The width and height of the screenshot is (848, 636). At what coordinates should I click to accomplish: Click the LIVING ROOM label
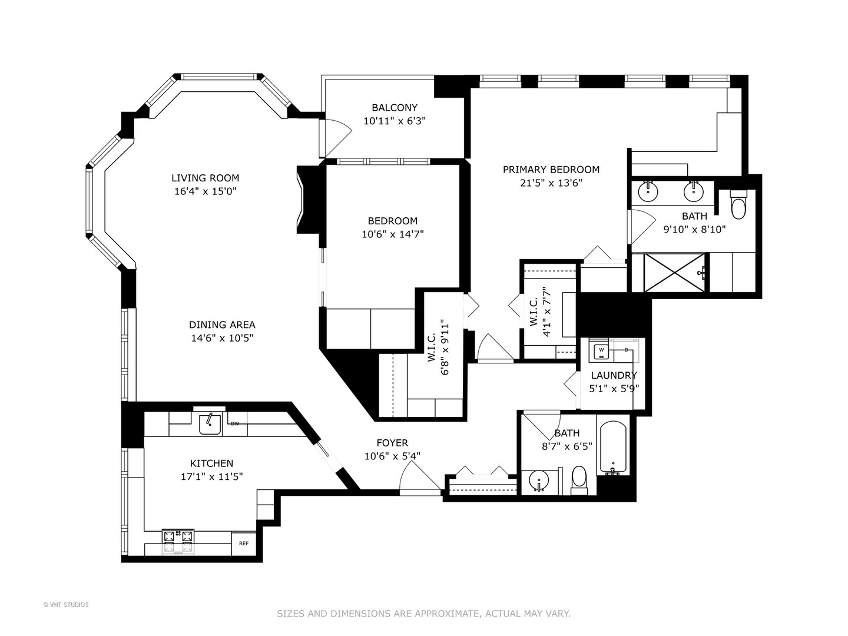[x=205, y=178]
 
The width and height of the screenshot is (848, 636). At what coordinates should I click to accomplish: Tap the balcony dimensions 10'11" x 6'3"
[x=394, y=121]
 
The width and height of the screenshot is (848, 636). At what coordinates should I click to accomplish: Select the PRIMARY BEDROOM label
[x=551, y=170]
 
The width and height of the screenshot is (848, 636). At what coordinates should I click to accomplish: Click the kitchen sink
[x=209, y=423]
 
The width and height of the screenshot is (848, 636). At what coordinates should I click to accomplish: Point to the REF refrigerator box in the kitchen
[x=243, y=544]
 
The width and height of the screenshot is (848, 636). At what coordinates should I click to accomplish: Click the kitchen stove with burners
[x=178, y=541]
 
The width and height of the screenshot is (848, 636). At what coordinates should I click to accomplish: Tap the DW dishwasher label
[x=235, y=423]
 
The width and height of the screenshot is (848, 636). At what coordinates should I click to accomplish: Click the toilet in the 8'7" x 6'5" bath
[x=579, y=480]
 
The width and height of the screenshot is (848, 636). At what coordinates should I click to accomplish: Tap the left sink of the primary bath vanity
[x=648, y=191]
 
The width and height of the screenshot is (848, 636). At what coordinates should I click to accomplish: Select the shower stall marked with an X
[x=674, y=272]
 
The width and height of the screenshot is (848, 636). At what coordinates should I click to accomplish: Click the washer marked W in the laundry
[x=601, y=350]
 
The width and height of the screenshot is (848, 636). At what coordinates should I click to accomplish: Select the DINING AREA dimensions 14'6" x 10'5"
[x=221, y=338]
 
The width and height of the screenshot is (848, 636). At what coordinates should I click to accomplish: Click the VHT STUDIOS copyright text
[x=66, y=604]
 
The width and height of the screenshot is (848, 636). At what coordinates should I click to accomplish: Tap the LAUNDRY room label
[x=614, y=375]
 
